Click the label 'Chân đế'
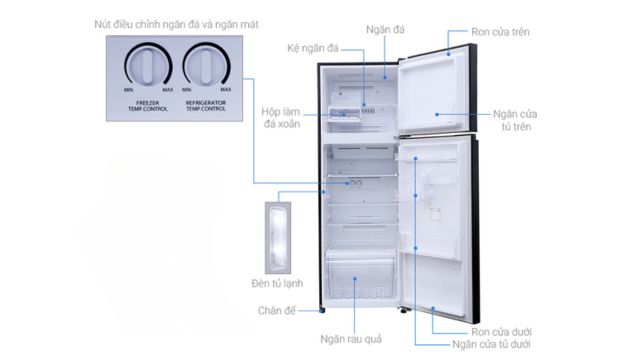(x=275, y=310)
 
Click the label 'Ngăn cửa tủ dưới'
(x=490, y=345)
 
